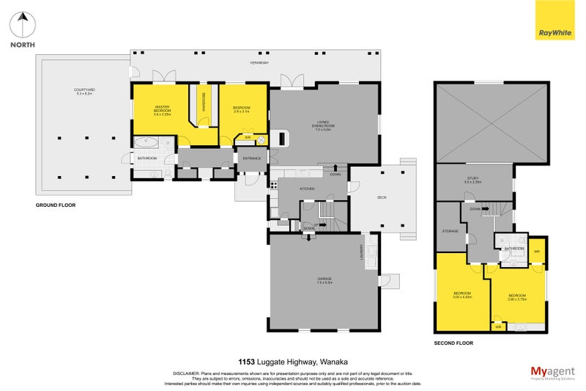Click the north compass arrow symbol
23,24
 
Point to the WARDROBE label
204,104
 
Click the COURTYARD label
86,91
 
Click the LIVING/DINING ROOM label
323,125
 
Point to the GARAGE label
324,279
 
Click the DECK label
382,197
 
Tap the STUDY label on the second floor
472,178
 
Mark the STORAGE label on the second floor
450,231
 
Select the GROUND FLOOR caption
56,205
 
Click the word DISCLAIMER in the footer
185,373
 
